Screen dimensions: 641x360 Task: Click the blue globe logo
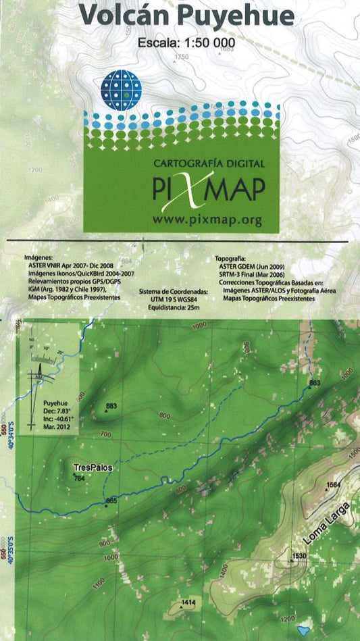point(121,89)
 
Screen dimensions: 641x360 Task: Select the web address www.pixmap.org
point(207,220)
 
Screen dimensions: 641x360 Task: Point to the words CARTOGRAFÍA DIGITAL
point(209,163)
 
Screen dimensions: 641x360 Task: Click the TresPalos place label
point(93,467)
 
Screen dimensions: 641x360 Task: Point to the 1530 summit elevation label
point(299,557)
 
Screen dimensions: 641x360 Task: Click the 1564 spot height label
point(332,485)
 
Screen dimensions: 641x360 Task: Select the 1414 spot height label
point(188,601)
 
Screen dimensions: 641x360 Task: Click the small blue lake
point(303,630)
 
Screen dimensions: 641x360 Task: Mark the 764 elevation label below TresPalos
point(80,479)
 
